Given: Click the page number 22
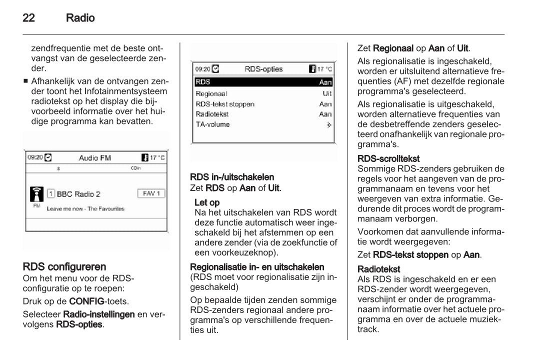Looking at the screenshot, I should click(x=28, y=18).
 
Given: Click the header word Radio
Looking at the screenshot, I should click(x=80, y=18).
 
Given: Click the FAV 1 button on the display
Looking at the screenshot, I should click(x=150, y=193).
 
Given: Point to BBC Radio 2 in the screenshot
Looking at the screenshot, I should click(x=78, y=194).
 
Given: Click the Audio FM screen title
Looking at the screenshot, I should click(x=95, y=158).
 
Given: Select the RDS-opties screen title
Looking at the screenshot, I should click(x=263, y=69).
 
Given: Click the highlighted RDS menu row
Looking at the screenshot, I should click(x=263, y=82).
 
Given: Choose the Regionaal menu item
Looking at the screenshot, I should click(x=211, y=93).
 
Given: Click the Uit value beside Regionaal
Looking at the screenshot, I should click(x=327, y=93).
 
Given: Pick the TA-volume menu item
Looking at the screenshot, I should click(x=212, y=124).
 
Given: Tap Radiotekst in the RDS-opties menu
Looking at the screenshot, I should click(x=212, y=114).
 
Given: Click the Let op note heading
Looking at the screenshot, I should click(x=207, y=202).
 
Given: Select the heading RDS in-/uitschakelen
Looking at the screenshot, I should click(x=232, y=177).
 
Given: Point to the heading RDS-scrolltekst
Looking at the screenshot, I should click(x=388, y=158).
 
